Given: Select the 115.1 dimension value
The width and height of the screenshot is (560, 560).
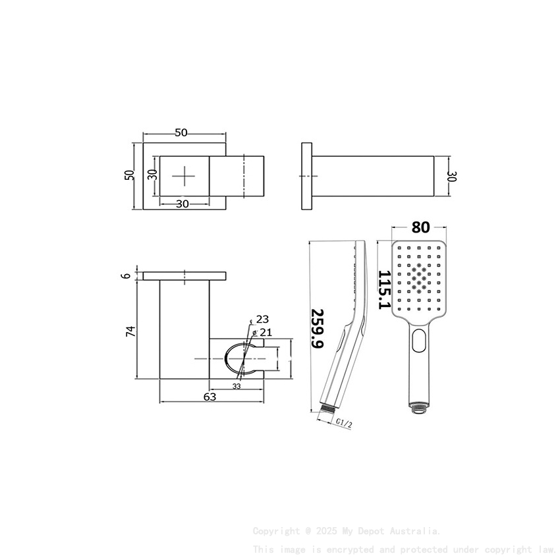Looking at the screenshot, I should pos(385,289).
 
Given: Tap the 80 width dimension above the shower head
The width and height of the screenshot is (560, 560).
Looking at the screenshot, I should pos(420,227).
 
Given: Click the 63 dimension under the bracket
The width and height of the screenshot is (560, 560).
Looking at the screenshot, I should pos(210,397).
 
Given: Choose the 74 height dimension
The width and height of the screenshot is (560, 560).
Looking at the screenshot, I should pos(131,331).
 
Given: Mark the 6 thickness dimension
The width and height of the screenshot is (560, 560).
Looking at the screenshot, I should pos(126,276).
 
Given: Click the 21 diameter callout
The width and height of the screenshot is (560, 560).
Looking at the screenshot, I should pos(266,331).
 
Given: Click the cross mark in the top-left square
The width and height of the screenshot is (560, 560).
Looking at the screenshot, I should pos(184,176).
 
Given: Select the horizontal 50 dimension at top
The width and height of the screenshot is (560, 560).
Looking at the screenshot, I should pos(181,133).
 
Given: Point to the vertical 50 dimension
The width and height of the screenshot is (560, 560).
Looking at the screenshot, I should pos(130,175).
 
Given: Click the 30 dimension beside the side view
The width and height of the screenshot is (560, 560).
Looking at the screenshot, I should pos(452,176).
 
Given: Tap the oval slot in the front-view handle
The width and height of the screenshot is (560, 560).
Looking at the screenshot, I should pos(419,341).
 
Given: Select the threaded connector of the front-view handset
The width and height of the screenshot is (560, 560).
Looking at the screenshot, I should pos(418,406).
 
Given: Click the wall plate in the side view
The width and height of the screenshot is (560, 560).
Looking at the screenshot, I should pos(307,176).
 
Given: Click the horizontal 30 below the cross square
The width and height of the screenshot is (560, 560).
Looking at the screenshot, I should pos(182,204).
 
